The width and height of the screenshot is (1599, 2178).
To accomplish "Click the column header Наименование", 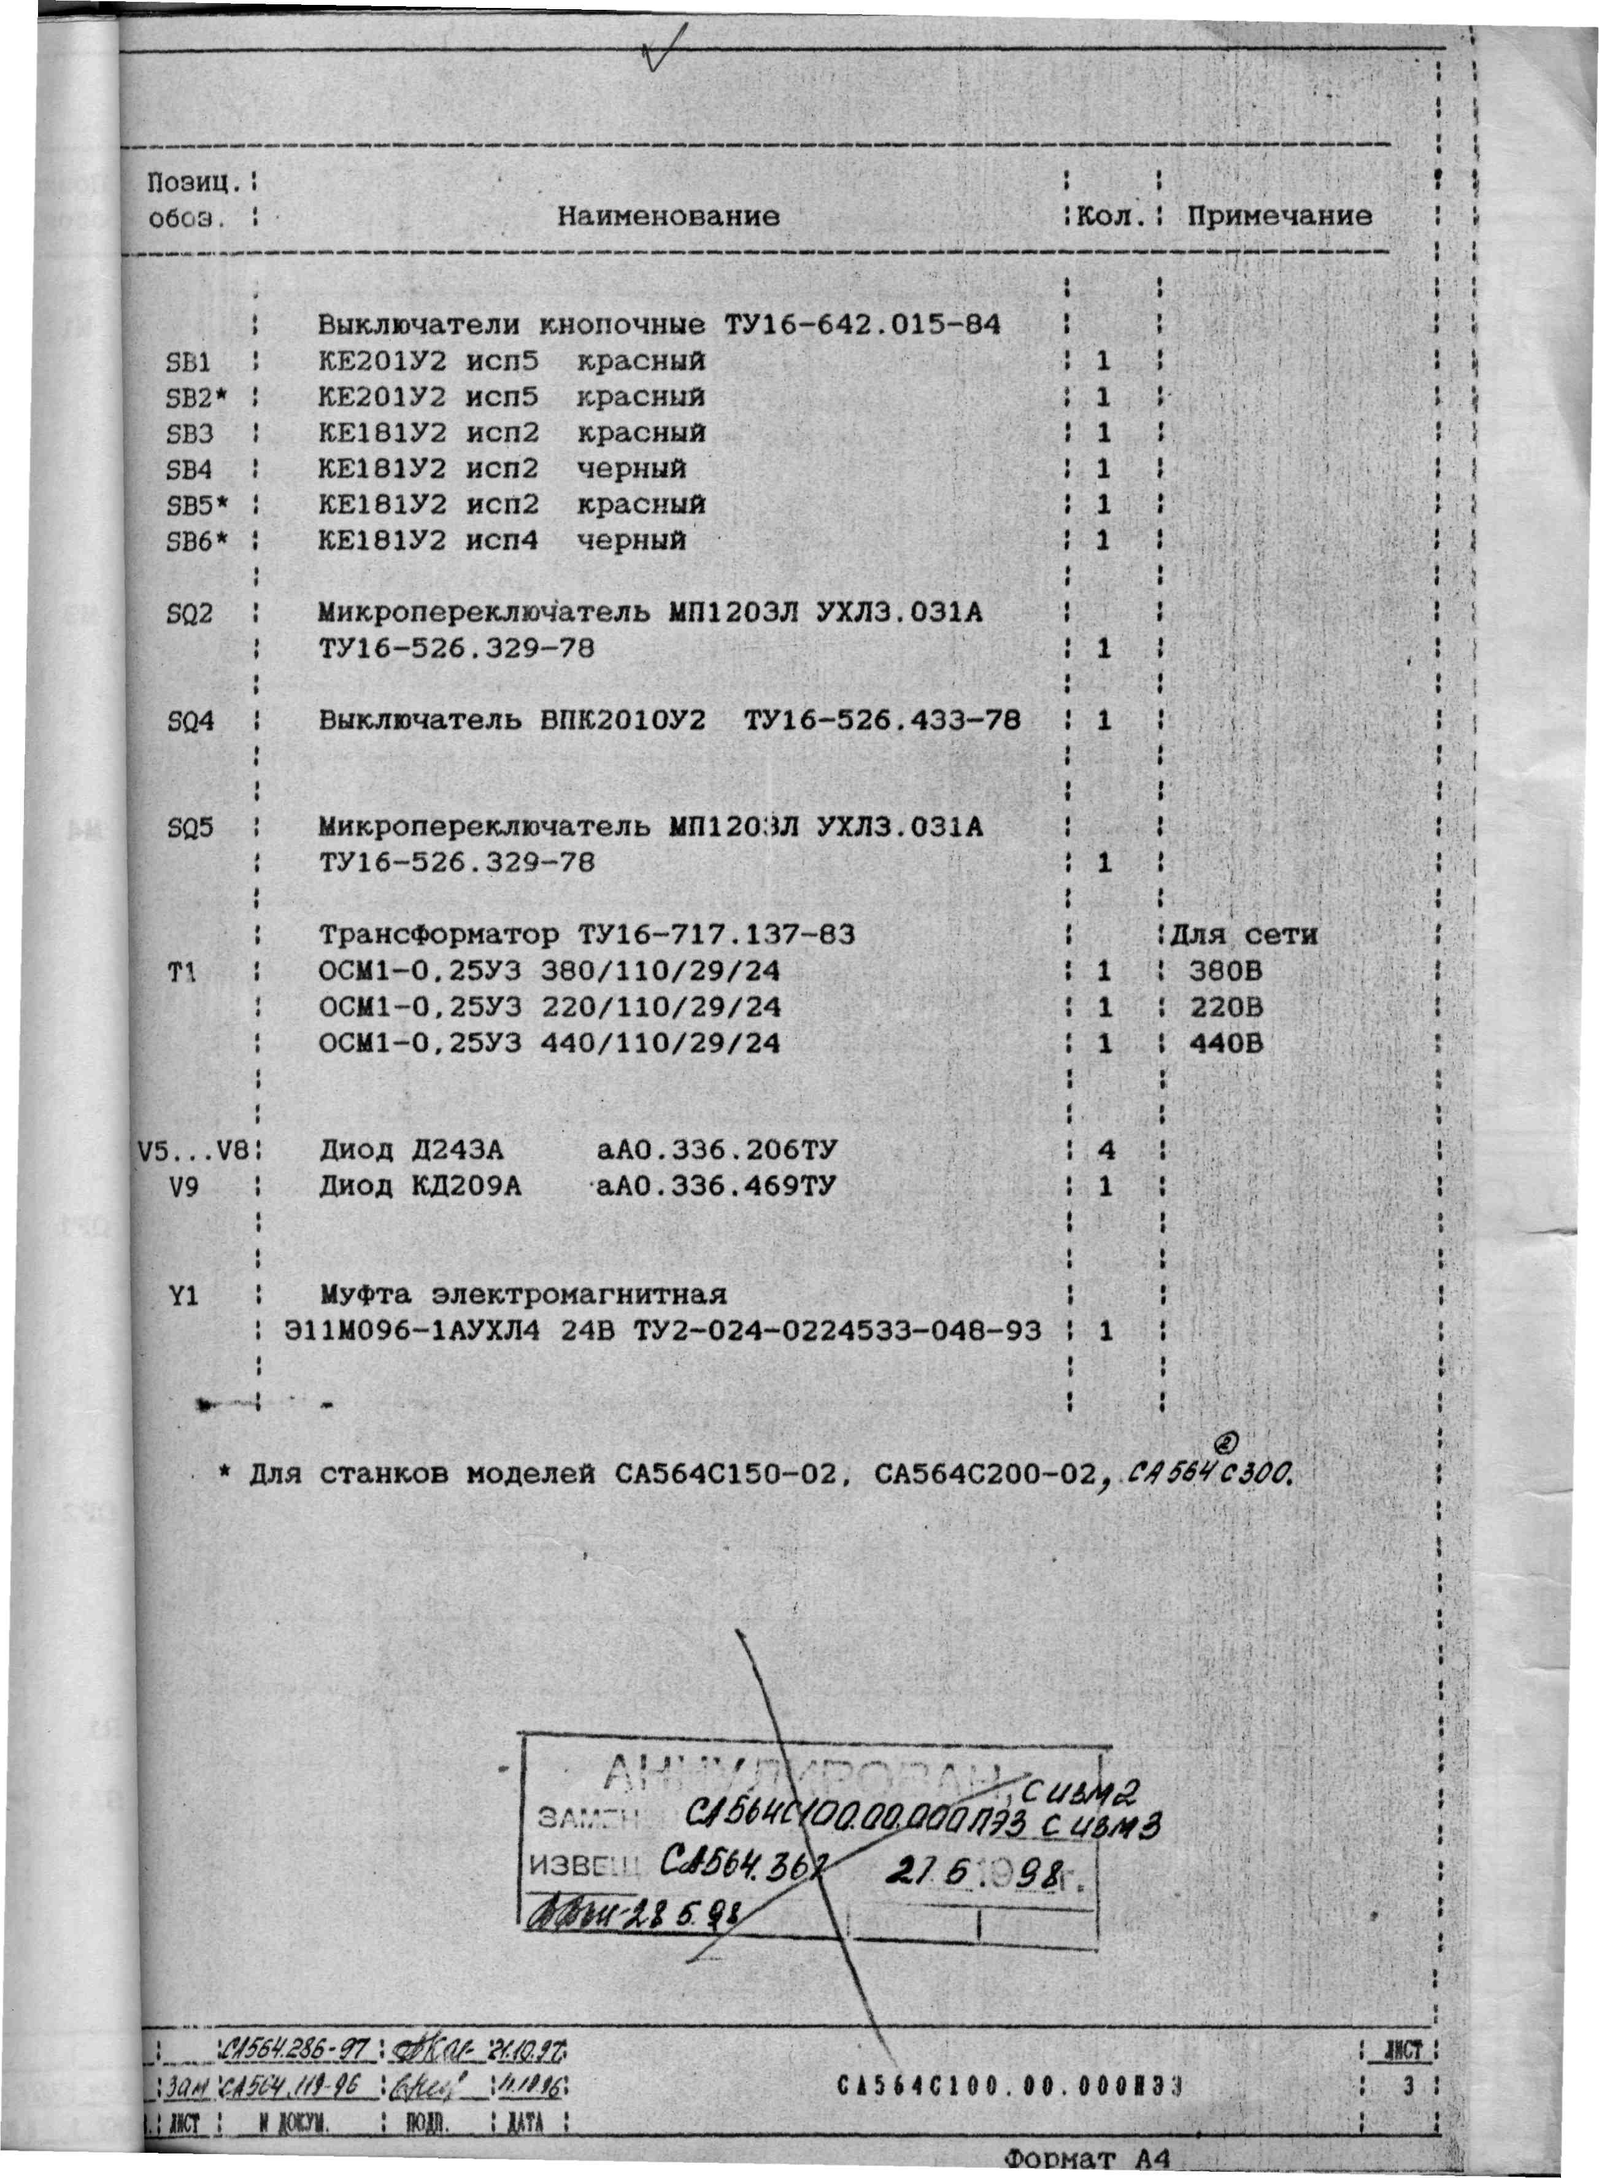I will point(668,216).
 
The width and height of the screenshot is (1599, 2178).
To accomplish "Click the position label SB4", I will point(190,469).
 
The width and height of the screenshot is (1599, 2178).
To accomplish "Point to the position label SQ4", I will point(190,721).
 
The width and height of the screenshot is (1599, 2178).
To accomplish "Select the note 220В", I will point(1225,1008).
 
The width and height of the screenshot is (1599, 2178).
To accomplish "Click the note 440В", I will point(1225,1043).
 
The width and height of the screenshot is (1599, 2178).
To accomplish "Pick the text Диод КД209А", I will point(420,1187).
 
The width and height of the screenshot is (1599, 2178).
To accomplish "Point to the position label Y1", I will point(184,1295).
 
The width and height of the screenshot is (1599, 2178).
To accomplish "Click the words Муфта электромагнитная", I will point(523,1295).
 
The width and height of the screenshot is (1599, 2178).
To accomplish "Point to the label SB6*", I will point(196,541).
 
